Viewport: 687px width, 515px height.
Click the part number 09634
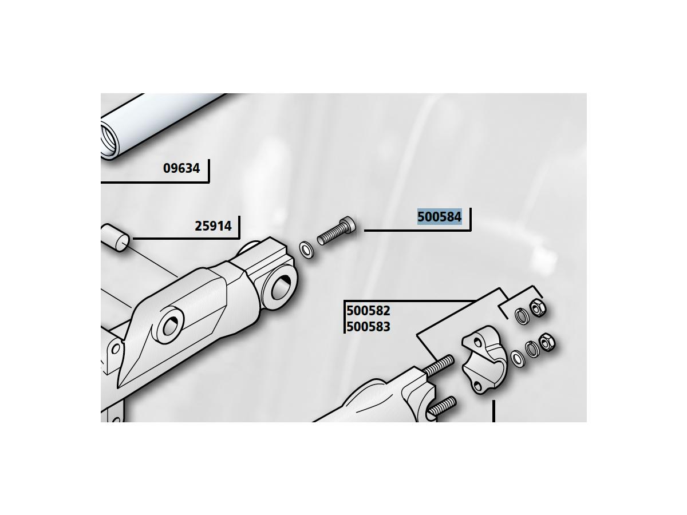(x=181, y=168)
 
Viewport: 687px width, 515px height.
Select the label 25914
(x=213, y=226)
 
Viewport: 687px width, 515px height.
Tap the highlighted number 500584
(x=440, y=217)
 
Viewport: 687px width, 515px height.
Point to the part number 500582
(x=368, y=311)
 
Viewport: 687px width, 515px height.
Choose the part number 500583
(x=368, y=327)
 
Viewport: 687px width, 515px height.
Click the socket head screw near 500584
(x=337, y=231)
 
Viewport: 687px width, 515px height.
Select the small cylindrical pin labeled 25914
(x=115, y=238)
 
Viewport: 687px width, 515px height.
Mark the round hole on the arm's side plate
(x=171, y=325)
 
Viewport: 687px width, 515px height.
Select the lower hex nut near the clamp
(x=547, y=342)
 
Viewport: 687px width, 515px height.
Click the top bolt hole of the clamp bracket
(x=477, y=342)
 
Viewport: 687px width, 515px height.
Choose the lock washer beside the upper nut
(x=522, y=316)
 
